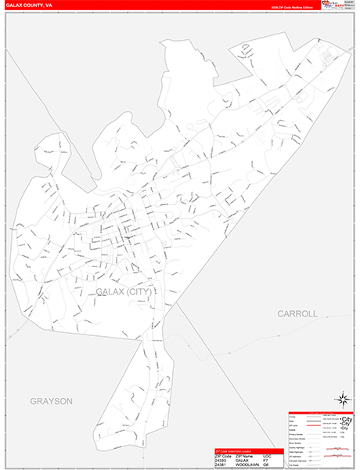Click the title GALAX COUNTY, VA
(28, 5)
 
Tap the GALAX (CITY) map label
(124, 291)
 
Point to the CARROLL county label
(297, 313)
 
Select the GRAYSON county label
(52, 401)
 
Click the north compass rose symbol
(343, 399)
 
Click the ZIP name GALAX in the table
(245, 458)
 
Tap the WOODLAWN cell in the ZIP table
(250, 464)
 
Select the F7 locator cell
(267, 458)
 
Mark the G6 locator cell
(267, 464)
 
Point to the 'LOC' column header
(268, 454)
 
